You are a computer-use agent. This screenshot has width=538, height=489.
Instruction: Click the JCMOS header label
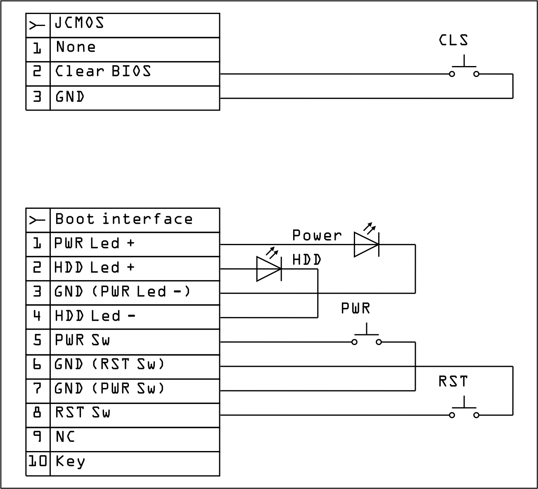tap(79, 23)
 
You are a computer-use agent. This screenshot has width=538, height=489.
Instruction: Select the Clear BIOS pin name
tap(103, 71)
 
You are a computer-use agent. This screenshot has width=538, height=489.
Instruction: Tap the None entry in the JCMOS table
tap(76, 47)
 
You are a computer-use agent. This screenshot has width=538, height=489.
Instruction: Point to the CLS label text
tap(453, 40)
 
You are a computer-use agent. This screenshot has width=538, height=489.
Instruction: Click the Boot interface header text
tap(124, 219)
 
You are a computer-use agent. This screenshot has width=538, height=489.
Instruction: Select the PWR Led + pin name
tap(95, 243)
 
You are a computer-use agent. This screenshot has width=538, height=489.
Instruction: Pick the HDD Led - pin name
tap(95, 317)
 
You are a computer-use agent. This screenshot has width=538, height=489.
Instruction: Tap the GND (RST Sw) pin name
tap(109, 364)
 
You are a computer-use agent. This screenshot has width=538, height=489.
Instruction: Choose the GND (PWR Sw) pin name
tap(109, 389)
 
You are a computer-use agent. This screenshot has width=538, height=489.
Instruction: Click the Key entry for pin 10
tap(70, 461)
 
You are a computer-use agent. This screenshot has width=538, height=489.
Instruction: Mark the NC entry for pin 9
tap(65, 437)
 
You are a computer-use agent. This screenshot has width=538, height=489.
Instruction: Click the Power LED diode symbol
tap(367, 244)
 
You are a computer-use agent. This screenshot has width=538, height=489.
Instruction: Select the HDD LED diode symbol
tap(269, 269)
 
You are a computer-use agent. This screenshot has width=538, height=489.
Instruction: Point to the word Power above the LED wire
tap(317, 236)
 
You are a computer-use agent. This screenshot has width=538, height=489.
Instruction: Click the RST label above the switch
tap(453, 382)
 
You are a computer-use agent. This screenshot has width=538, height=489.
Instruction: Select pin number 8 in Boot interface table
tap(38, 413)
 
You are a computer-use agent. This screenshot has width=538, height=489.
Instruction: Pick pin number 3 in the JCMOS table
tap(38, 97)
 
